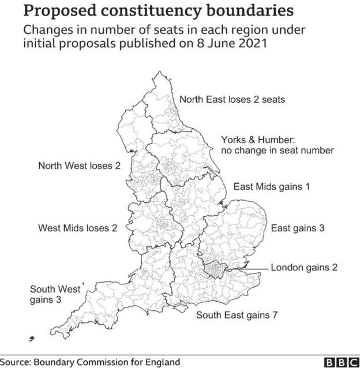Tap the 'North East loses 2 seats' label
tap(232, 99)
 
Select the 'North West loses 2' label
tap(79, 166)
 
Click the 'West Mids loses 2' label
tap(78, 227)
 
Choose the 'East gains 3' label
tap(298, 227)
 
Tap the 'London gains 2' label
tap(304, 267)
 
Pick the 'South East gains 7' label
tap(237, 315)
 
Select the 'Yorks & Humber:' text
tap(258, 140)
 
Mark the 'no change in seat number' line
tap(277, 151)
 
